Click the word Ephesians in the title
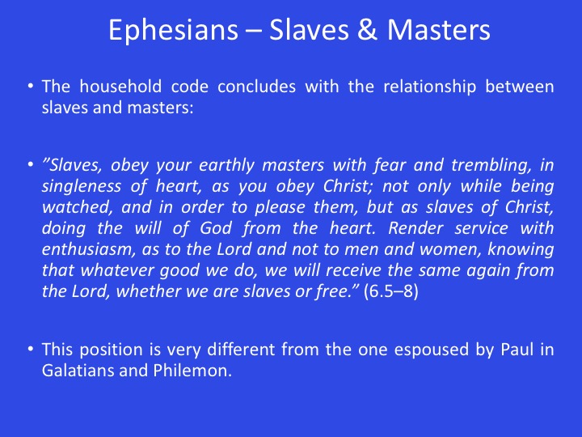173,31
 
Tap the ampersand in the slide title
368,30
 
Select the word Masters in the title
438,30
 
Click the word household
120,87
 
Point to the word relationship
429,87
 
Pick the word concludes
256,87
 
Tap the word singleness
82,187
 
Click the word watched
78,207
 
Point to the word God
216,228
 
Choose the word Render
415,228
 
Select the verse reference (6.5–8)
391,291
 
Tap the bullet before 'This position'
31,350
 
